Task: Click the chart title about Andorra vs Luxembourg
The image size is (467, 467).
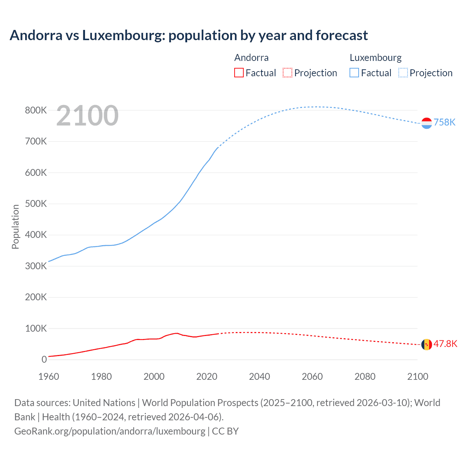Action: [x=189, y=35]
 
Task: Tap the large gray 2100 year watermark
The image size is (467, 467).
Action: [x=87, y=116]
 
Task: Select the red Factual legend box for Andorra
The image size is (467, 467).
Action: [x=239, y=73]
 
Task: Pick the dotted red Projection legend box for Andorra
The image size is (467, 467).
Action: [x=287, y=73]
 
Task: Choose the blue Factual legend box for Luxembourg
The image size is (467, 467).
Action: [x=354, y=73]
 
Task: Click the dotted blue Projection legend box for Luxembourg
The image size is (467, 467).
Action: [x=403, y=73]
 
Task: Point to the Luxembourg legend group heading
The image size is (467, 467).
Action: [x=375, y=58]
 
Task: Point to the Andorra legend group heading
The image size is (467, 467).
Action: [x=251, y=58]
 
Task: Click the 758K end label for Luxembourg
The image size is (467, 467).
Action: [x=444, y=122]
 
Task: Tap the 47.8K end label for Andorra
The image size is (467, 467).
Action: [x=445, y=344]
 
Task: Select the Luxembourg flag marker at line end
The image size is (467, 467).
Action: [x=427, y=123]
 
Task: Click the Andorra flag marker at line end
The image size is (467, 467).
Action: [x=427, y=344]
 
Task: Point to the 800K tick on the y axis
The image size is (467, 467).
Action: [x=36, y=110]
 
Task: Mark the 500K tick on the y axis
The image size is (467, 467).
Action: [x=36, y=204]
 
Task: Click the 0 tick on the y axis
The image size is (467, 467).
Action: [x=44, y=359]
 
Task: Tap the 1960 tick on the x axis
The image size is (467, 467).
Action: [x=49, y=377]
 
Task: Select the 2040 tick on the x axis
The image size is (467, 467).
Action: [x=259, y=377]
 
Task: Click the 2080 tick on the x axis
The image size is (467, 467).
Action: [x=365, y=377]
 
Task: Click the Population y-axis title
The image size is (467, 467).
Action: [x=15, y=227]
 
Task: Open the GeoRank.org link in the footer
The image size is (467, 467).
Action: [x=109, y=431]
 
